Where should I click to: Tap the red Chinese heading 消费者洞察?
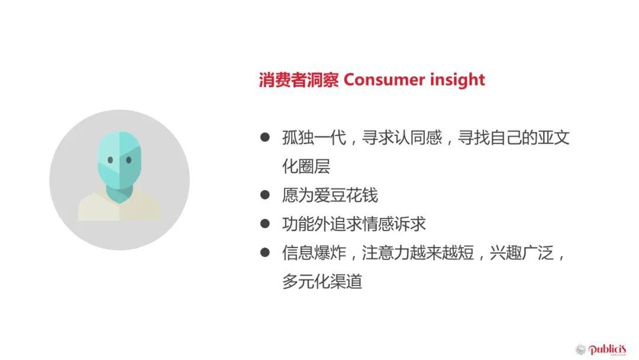tap(298, 80)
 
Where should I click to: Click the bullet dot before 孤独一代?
tap(265, 137)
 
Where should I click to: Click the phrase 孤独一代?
tap(311, 138)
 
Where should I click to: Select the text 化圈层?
tap(306, 166)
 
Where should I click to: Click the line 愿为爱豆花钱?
tap(330, 195)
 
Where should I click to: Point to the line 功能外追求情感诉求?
tap(354, 224)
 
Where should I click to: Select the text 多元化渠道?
tap(322, 281)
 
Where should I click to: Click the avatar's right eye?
tap(128, 159)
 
